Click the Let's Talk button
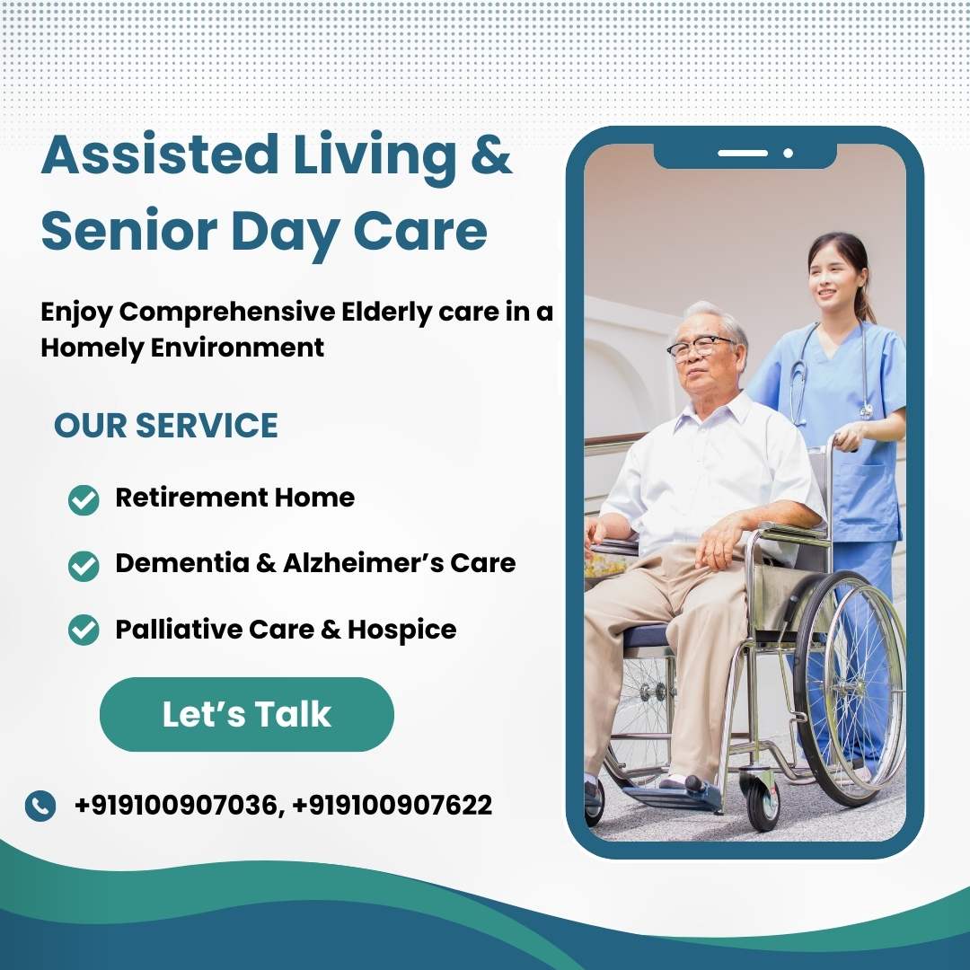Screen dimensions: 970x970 pyautogui.click(x=246, y=715)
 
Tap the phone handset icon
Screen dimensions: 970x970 pyautogui.click(x=40, y=806)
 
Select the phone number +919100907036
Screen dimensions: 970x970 pyautogui.click(x=176, y=806)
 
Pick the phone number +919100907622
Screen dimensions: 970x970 pyautogui.click(x=392, y=806)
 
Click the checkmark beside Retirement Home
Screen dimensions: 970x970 pyautogui.click(x=84, y=499)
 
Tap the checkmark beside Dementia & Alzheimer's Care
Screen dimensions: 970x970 pyautogui.click(x=84, y=566)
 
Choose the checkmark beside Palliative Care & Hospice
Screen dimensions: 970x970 pyautogui.click(x=84, y=630)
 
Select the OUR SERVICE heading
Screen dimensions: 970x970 pyautogui.click(x=166, y=426)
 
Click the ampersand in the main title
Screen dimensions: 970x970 pyautogui.click(x=491, y=154)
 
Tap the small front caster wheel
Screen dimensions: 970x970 pyautogui.click(x=763, y=804)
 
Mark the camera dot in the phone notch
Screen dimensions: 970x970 pyautogui.click(x=788, y=153)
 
